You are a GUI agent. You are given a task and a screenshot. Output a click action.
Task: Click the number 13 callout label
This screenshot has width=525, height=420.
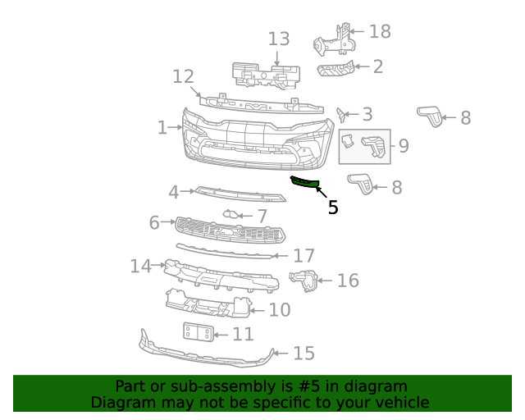(x=279, y=39)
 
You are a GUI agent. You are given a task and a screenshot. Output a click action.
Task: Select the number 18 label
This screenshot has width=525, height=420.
(x=380, y=32)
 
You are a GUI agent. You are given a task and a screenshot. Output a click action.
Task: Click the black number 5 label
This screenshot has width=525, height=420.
(x=332, y=208)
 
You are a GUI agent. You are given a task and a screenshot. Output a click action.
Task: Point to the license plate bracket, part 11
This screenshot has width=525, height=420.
(x=199, y=333)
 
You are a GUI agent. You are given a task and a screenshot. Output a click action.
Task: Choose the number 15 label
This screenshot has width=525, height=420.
(x=304, y=354)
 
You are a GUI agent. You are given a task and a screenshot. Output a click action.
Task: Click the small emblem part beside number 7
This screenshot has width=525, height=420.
(x=231, y=215)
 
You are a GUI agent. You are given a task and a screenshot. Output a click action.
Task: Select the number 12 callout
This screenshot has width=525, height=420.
(x=183, y=77)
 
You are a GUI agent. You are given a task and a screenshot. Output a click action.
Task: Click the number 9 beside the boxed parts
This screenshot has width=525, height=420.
(x=404, y=146)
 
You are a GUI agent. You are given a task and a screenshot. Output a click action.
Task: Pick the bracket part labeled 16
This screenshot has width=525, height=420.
(x=304, y=281)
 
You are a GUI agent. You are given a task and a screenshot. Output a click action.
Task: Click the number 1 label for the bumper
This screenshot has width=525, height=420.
(x=162, y=128)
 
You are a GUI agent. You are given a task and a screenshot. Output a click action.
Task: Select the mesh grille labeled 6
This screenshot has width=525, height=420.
(x=230, y=231)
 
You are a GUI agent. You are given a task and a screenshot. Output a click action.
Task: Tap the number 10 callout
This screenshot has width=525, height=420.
(x=280, y=309)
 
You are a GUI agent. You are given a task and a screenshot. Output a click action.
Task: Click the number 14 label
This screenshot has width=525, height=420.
(x=141, y=266)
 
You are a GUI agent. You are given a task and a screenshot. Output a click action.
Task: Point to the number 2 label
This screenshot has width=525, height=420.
(x=377, y=66)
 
